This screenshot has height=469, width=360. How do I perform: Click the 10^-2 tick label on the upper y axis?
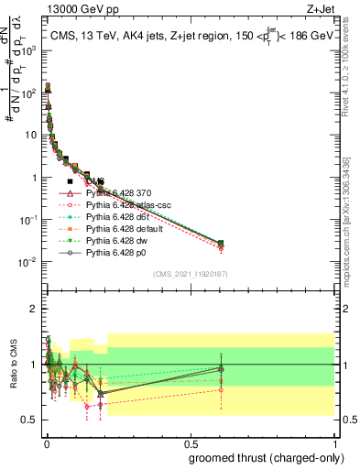(27, 263)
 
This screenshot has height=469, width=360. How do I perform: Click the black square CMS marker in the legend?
(70, 181)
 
